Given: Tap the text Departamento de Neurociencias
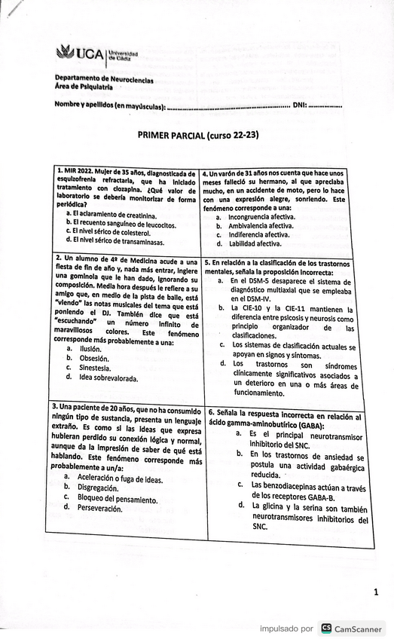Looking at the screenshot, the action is (104, 79).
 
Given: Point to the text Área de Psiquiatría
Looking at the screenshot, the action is (83, 87).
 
